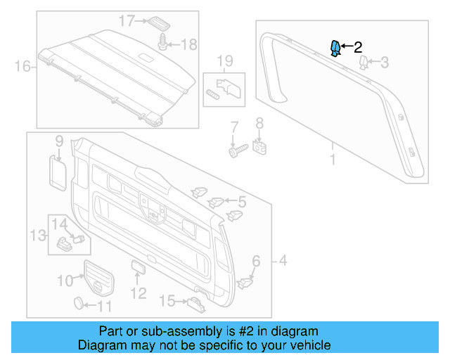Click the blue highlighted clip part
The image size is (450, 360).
[x=336, y=48]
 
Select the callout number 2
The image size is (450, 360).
[x=357, y=48]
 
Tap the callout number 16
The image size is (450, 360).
[x=22, y=67]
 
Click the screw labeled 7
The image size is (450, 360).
[x=236, y=150]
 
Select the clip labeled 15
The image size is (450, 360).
[x=195, y=302]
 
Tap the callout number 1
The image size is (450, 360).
[x=333, y=160]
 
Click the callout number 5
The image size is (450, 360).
[x=241, y=202]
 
